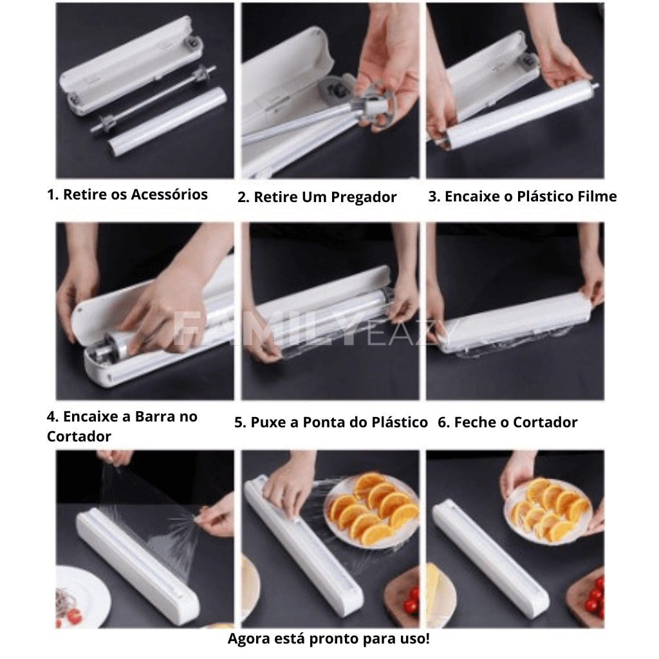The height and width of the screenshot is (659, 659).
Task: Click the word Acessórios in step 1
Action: click(x=169, y=194)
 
